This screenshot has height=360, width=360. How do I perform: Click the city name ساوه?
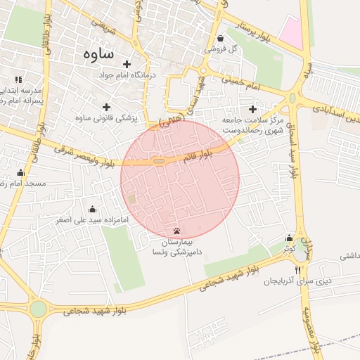coord(98,53)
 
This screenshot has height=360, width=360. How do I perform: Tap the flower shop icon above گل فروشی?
coord(221,39)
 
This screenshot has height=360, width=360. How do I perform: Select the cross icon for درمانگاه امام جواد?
coord(127,65)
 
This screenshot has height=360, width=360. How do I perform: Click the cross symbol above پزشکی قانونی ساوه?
coord(107,108)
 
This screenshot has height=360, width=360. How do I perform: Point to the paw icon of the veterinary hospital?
coord(176,231)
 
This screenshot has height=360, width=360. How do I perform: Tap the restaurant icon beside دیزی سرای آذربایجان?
coord(298,270)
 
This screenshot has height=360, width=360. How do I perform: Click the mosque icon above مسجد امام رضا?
coord(20,173)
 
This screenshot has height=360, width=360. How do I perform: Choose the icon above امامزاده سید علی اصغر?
coord(92,209)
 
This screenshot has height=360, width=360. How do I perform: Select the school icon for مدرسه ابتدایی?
coord(18,80)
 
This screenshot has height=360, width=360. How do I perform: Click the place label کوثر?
coord(289,249)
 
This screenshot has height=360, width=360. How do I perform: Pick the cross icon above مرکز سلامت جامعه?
coord(252,109)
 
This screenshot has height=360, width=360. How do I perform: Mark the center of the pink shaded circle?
coord(180,180)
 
